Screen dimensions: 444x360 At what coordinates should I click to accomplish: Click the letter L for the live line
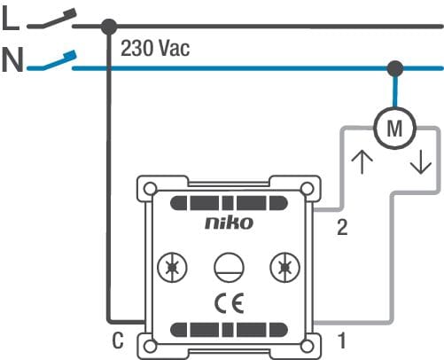coord(11,19)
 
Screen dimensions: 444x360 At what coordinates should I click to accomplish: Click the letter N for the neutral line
coord(12,60)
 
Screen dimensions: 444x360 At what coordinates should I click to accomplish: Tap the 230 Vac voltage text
coord(155,48)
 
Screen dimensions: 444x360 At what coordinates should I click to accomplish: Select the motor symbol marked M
coord(395,128)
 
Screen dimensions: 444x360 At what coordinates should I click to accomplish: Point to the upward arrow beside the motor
coord(362,162)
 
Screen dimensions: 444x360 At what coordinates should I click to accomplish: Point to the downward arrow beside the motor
coord(421,161)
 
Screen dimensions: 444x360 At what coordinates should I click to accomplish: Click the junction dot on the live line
coord(109,27)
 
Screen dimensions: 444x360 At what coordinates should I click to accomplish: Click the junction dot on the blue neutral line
coord(395,68)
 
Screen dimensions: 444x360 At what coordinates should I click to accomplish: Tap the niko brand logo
coord(230,223)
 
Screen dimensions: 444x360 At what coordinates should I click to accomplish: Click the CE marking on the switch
coord(230,303)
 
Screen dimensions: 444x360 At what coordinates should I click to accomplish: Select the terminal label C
coord(118,340)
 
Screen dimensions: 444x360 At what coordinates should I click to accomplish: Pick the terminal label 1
coord(341,340)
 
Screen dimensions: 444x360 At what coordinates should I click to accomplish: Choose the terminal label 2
coord(342,228)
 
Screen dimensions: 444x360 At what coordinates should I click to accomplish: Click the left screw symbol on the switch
coord(172,268)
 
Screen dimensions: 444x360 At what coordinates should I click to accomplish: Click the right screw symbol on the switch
coord(285,268)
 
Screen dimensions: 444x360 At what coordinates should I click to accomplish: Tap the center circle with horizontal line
coord(229,268)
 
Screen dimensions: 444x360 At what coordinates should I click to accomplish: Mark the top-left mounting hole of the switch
coord(151,188)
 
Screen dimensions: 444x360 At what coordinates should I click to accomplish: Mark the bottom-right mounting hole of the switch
coord(308,347)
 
